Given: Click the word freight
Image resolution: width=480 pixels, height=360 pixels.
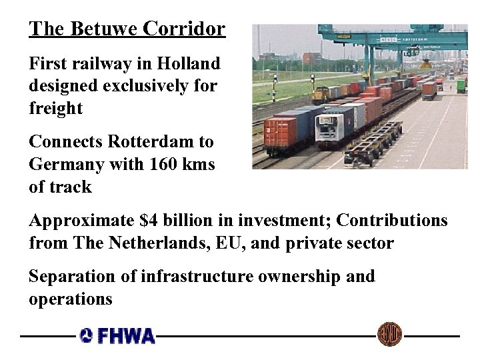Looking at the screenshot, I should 55,108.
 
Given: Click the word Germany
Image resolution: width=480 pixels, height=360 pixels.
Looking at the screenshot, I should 64,164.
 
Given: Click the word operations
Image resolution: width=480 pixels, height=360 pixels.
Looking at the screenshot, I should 71,299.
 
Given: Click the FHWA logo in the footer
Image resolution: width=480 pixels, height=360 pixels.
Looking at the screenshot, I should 117,335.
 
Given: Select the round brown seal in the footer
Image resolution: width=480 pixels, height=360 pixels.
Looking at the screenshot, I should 389,334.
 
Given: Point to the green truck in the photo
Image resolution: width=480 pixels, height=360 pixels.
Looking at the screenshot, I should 461,86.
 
